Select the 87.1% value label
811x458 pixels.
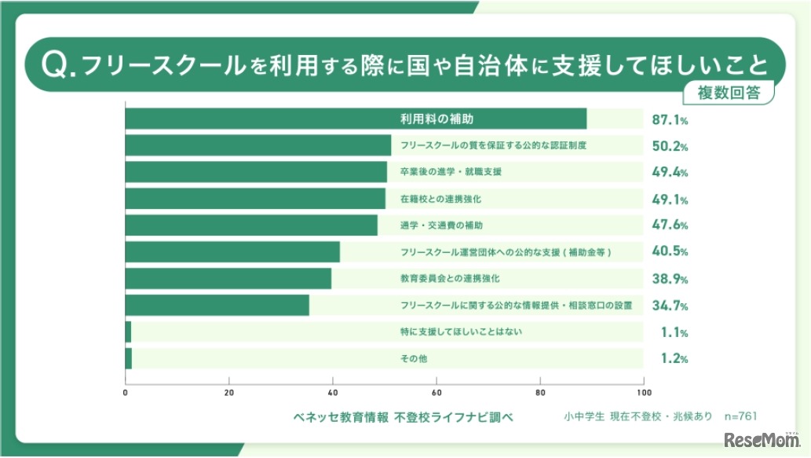[670, 119]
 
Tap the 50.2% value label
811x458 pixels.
[670, 146]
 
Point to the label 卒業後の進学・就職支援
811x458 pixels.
[451, 172]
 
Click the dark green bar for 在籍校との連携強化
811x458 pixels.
[255, 199]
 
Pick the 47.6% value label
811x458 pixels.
[670, 225]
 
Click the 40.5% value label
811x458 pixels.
[670, 252]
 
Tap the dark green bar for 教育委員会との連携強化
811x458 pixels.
[228, 279]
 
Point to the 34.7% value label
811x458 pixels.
[670, 305]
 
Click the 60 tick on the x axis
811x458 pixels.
[436, 393]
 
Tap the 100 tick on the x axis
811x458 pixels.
[644, 393]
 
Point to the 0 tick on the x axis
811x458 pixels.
[126, 393]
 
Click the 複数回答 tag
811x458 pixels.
[729, 92]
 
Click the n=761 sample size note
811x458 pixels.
[740, 416]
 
